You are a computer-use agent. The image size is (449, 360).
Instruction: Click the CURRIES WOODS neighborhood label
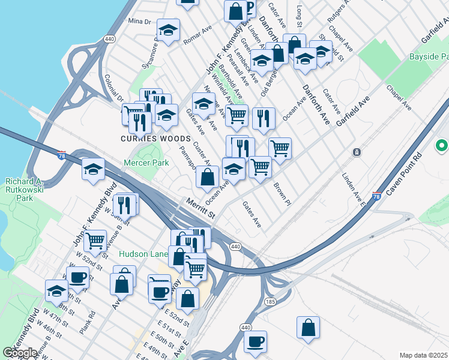(147, 139)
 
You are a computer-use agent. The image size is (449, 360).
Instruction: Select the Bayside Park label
(429, 57)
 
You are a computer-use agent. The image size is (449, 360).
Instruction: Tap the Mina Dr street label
(139, 22)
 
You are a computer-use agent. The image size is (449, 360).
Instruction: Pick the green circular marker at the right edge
(442, 146)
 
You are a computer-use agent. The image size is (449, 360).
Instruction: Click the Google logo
(20, 353)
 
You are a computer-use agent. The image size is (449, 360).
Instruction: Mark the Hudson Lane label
(143, 254)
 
